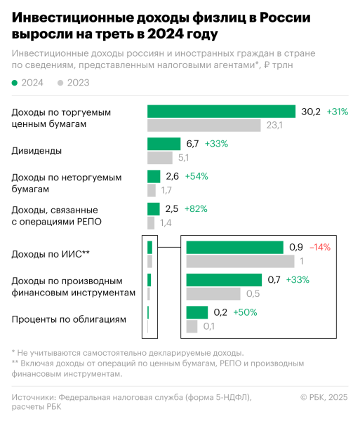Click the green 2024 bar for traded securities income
tap(221, 112)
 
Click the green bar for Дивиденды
tap(163, 144)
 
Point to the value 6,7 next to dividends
tap(192, 144)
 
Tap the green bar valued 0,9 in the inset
tap(234, 247)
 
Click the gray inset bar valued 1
tap(240, 261)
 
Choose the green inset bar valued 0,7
tap(225, 279)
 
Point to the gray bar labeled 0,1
tap(192, 326)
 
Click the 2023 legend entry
tap(74, 83)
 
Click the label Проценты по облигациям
tap(69, 319)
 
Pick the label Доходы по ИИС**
tap(51, 254)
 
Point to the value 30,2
tap(311, 112)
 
